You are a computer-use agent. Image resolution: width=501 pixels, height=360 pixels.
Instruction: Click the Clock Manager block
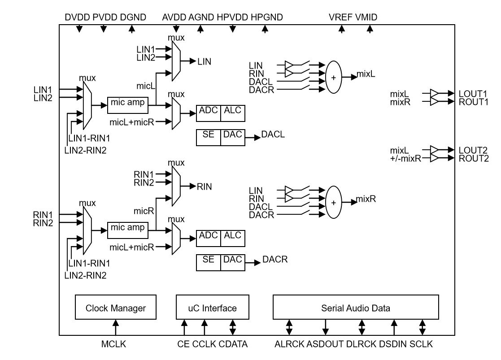[x=116, y=308]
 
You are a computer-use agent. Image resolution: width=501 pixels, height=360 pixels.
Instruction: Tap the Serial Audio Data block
[x=356, y=308]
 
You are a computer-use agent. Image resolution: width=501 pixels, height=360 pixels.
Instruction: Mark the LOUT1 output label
[x=474, y=94]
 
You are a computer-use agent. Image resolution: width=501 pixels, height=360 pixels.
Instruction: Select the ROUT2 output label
[x=474, y=158]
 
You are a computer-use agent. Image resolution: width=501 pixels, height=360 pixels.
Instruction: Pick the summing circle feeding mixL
[x=333, y=77]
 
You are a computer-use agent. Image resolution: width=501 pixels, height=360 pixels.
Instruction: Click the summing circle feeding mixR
[x=333, y=202]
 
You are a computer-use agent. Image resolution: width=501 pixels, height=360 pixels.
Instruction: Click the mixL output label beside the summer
[x=366, y=73]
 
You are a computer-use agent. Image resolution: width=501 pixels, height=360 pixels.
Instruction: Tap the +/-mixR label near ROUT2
[x=406, y=158]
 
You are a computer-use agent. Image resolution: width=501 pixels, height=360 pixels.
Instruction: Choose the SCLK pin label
[x=422, y=344]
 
